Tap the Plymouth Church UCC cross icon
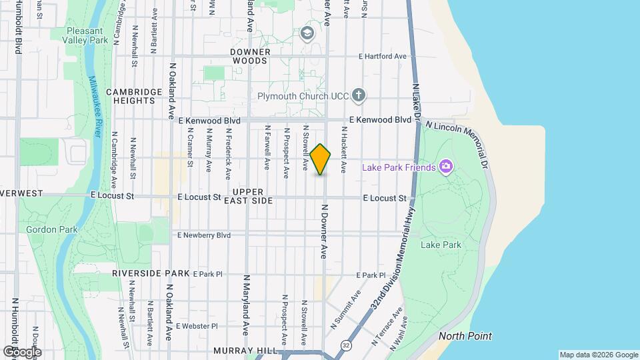[359, 95]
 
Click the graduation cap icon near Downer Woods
[307, 33]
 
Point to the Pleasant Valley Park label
[85, 35]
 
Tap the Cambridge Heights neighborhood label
[134, 96]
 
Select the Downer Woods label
[251, 56]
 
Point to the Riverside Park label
[151, 273]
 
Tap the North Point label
[465, 335]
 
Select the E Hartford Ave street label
[382, 57]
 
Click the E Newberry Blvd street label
[203, 235]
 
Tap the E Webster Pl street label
[197, 326]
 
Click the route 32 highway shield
[346, 345]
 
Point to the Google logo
[22, 351]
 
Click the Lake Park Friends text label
[398, 167]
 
